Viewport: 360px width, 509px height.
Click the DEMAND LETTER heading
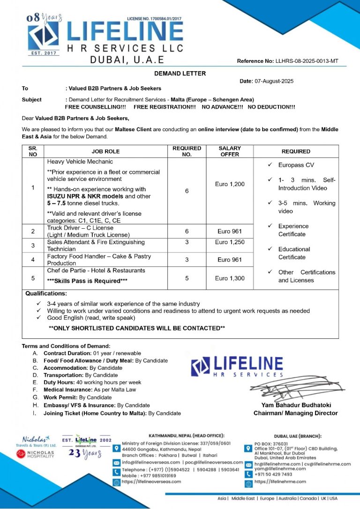[x=180, y=73]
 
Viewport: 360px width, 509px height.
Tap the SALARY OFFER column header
[x=230, y=151]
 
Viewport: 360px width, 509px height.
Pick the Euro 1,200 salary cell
[x=230, y=184]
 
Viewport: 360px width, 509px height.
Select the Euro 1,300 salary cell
[x=230, y=278]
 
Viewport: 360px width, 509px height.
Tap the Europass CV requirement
[x=296, y=165]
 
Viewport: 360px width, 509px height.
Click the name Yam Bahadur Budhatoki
[x=295, y=405]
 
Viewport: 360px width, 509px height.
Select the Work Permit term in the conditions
[x=77, y=397]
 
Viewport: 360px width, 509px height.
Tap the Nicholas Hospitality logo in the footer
[x=35, y=454]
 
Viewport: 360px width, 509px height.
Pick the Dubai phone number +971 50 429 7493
[x=273, y=474]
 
